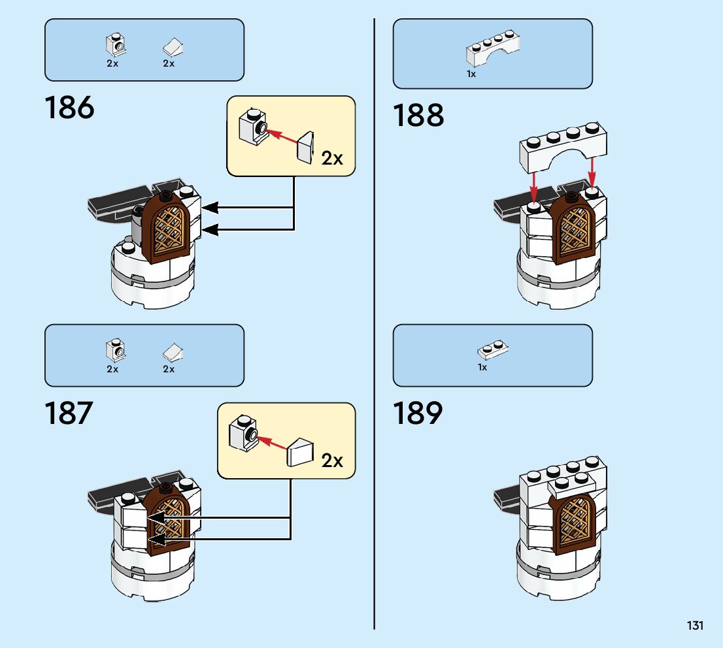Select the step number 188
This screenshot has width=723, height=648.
click(418, 116)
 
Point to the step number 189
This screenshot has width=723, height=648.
click(418, 413)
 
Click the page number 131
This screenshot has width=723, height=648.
click(695, 626)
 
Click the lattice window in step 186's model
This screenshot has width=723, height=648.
click(172, 230)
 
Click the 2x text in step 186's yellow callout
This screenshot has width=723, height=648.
click(332, 158)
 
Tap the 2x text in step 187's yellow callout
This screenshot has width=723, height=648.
click(332, 461)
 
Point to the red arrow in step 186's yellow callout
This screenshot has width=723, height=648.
click(282, 136)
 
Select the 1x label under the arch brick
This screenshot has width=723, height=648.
click(471, 74)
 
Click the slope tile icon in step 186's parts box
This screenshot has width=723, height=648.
click(173, 47)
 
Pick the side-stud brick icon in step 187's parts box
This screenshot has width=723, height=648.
click(116, 351)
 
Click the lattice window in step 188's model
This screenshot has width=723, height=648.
click(573, 229)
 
